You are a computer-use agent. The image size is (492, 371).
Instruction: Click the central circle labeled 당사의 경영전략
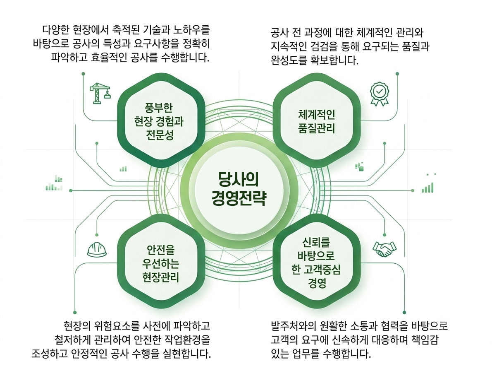(x=239, y=191)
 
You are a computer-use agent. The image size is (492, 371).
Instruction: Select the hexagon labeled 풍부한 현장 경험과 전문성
(x=161, y=120)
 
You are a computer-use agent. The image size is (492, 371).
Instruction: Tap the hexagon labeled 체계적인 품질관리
(x=317, y=120)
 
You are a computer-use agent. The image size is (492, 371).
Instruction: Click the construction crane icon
(x=100, y=93)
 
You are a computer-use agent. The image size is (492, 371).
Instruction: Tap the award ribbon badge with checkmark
(x=380, y=94)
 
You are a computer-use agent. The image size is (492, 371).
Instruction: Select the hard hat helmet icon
(x=97, y=250)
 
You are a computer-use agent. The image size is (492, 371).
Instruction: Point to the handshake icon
(x=385, y=249)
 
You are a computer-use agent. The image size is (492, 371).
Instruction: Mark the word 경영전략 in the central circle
(x=239, y=198)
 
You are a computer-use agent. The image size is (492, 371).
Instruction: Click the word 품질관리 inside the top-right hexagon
(x=317, y=128)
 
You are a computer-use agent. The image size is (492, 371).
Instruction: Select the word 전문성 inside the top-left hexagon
(x=160, y=135)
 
